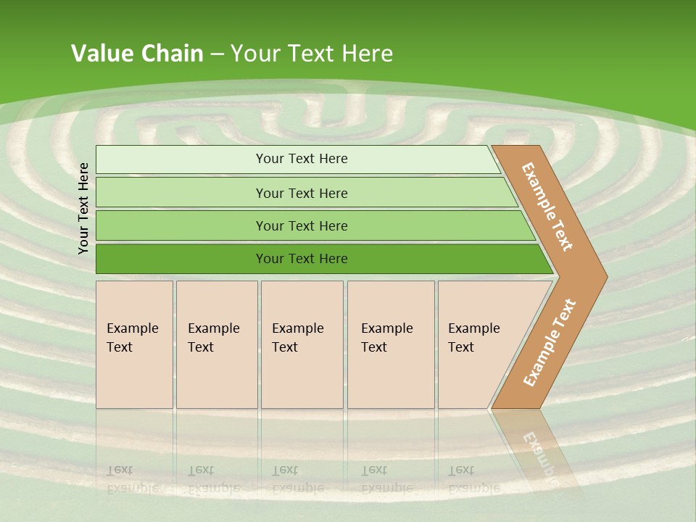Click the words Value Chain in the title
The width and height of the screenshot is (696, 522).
click(137, 54)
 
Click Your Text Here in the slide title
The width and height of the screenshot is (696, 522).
click(312, 54)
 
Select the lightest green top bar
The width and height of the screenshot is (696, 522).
click(301, 159)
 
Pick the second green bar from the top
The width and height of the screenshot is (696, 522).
click(301, 193)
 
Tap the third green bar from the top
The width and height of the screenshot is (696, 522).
click(301, 225)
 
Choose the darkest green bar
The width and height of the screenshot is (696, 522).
click(301, 259)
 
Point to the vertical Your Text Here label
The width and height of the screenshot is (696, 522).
click(83, 208)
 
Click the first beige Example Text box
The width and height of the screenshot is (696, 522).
click(134, 344)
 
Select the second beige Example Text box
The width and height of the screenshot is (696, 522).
click(216, 344)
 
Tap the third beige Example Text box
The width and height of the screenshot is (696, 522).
click(301, 344)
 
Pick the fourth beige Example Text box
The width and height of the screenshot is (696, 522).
click(390, 344)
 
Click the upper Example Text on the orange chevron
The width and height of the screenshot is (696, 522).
click(547, 206)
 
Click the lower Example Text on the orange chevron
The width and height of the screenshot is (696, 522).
click(550, 343)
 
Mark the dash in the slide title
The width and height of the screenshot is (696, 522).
click(217, 54)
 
